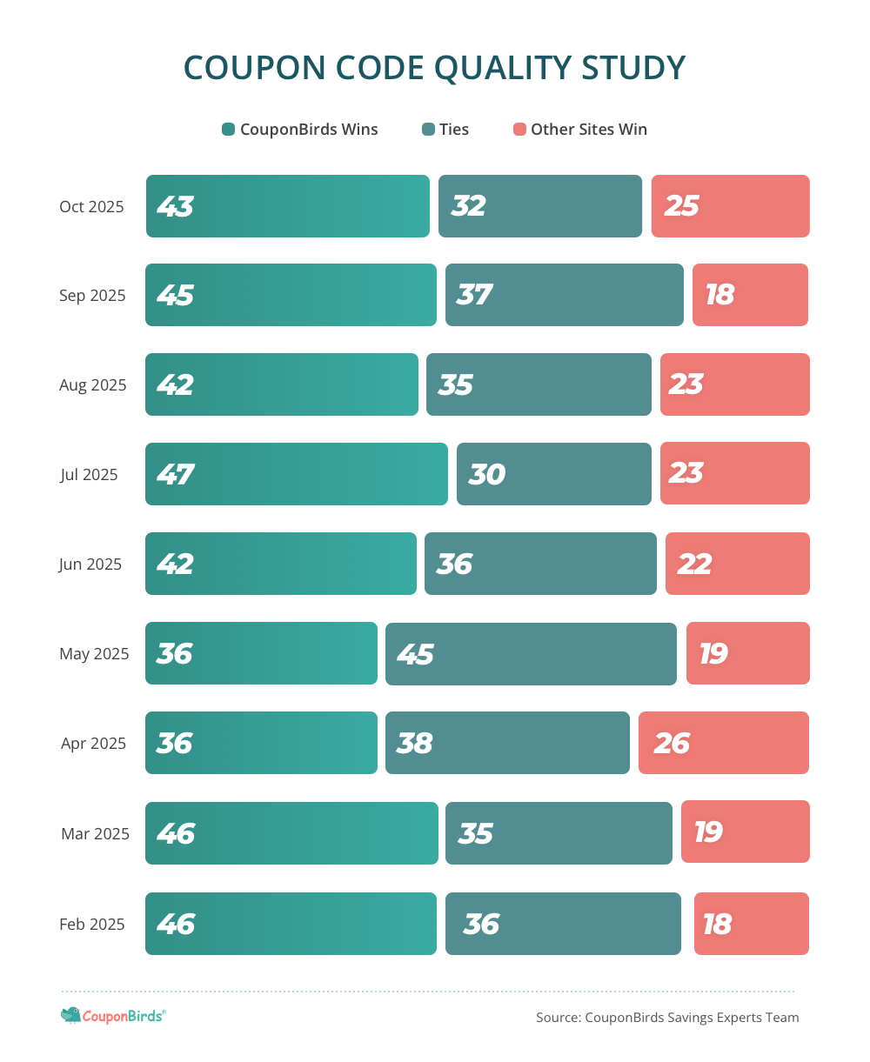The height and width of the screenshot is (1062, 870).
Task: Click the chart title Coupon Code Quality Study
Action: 434,68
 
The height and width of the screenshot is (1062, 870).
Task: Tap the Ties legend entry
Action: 445,130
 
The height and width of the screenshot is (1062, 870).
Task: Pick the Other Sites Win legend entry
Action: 580,130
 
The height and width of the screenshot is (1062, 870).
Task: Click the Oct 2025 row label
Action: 91,207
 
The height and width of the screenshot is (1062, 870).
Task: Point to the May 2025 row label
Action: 94,654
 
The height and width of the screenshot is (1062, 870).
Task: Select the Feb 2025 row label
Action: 92,925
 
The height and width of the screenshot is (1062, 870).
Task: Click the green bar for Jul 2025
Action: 296,474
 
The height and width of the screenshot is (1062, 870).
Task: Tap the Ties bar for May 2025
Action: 531,654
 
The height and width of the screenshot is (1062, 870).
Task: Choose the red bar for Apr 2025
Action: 724,743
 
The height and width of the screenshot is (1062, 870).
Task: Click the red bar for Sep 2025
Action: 750,295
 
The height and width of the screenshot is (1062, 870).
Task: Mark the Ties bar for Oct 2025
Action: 540,206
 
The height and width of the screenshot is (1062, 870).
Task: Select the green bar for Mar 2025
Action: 291,833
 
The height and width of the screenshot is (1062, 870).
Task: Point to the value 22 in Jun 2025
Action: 694,564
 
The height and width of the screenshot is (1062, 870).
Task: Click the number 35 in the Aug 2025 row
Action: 456,385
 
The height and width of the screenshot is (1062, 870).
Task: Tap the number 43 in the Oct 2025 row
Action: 175,207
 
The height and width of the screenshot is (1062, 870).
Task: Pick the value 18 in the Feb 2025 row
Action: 717,925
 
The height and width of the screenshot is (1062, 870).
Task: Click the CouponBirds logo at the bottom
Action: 113,1015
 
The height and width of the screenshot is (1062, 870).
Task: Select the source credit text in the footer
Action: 667,1018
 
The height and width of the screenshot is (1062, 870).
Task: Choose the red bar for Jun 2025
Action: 738,564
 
